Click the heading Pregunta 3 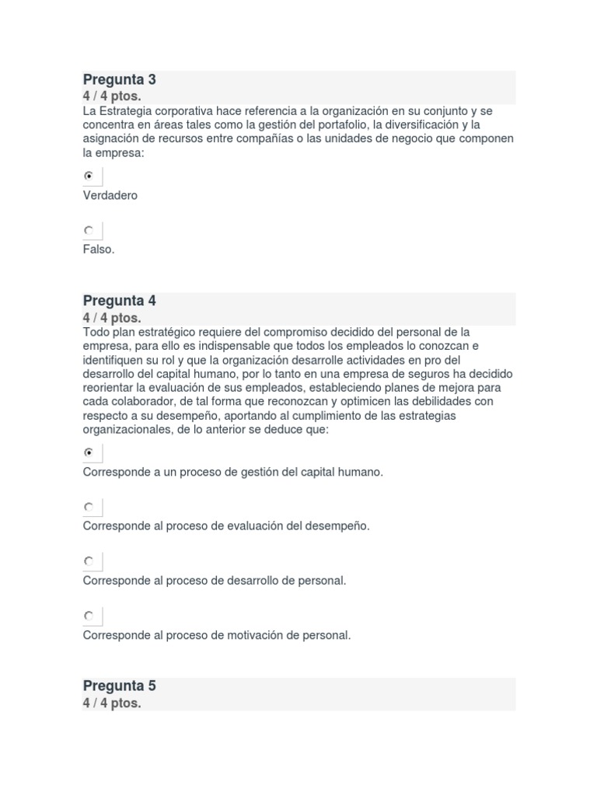tap(120, 80)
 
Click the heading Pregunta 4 tap(120, 301)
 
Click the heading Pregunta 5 tap(120, 686)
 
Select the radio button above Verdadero tap(89, 176)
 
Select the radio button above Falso tap(89, 230)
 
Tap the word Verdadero tap(110, 195)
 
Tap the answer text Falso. tap(99, 250)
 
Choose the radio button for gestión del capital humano tap(89, 452)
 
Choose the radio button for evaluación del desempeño tap(89, 507)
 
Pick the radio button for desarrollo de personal tap(89, 561)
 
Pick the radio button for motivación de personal tap(89, 616)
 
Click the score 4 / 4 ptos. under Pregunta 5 tap(112, 703)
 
